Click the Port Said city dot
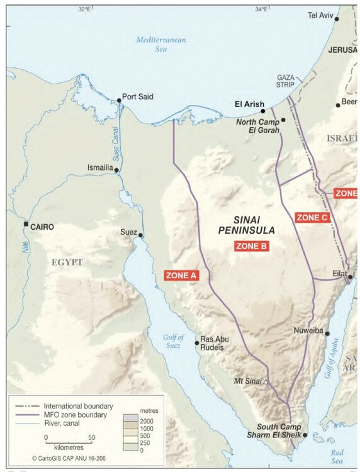coord(119,100)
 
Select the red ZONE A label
coord(181,275)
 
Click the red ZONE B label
coord(252,247)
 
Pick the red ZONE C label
coord(312,217)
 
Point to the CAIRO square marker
coord(26,224)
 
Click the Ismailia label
coord(99,168)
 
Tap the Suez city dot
coord(140,236)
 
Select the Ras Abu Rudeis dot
coord(197,343)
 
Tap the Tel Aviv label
coord(319,14)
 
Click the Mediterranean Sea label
coord(161,45)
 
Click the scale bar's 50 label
coord(91,437)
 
